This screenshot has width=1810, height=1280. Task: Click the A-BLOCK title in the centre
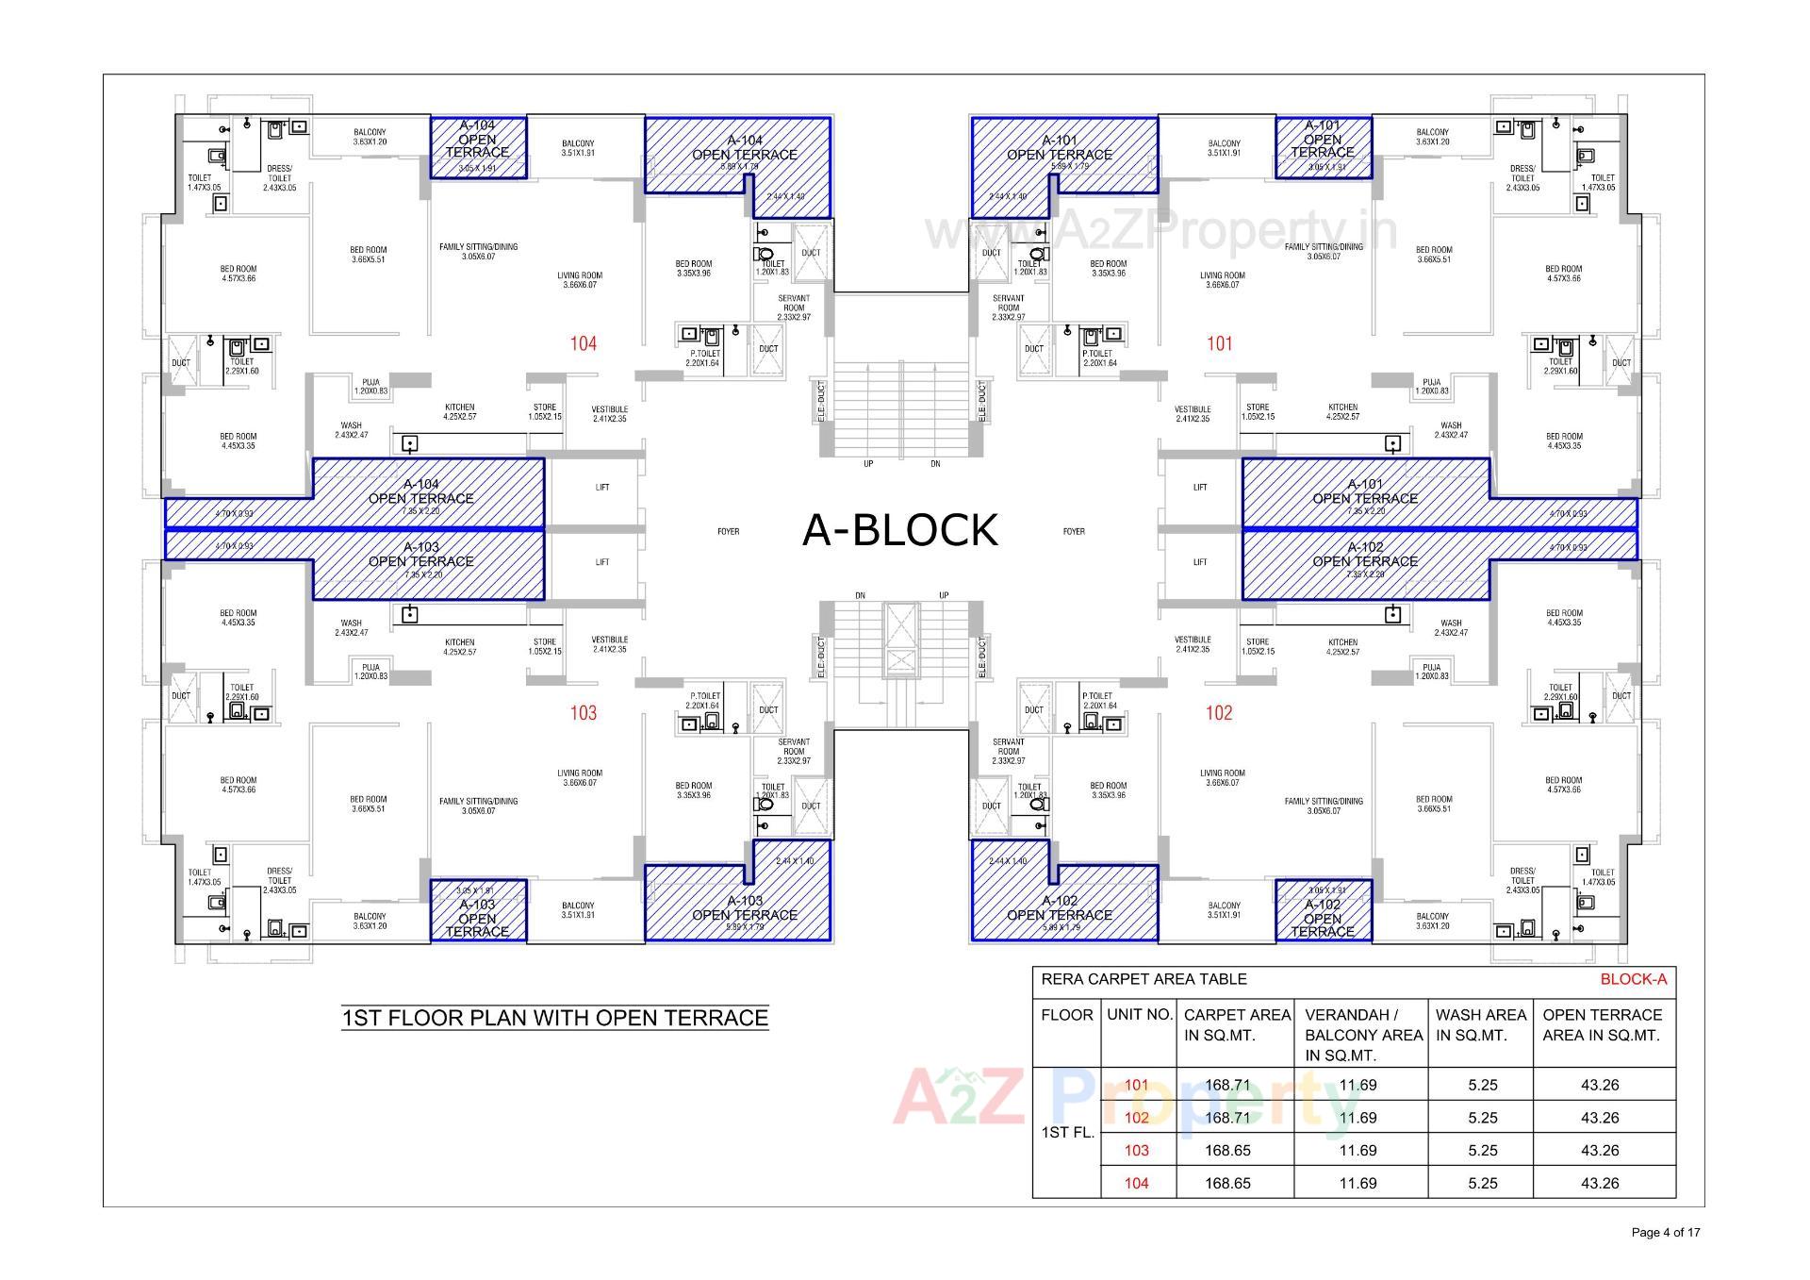click(x=899, y=530)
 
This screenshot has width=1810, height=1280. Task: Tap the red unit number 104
click(x=584, y=344)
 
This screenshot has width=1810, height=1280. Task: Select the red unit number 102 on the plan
click(x=1219, y=713)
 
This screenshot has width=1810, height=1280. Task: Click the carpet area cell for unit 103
click(x=1227, y=1151)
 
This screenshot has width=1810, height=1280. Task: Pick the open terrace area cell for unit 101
click(x=1600, y=1086)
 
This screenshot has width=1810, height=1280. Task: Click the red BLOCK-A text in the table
click(x=1633, y=979)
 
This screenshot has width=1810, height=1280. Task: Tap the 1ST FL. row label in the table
click(x=1067, y=1133)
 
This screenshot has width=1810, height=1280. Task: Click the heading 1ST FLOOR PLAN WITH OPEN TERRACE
click(x=554, y=1018)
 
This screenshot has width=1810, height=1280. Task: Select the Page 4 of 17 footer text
click(x=1666, y=1232)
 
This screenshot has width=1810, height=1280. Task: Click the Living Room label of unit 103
click(x=579, y=777)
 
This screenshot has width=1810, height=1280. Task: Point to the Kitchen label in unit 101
click(x=1342, y=411)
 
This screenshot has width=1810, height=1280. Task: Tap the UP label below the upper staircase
click(x=868, y=464)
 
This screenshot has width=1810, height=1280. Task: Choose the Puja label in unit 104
click(x=370, y=386)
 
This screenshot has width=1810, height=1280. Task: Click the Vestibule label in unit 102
click(x=1193, y=644)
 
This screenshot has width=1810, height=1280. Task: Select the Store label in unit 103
click(x=545, y=646)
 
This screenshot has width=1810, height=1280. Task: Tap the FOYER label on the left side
click(x=728, y=532)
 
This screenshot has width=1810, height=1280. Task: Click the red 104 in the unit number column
click(x=1136, y=1184)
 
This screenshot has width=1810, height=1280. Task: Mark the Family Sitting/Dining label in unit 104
click(x=478, y=252)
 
